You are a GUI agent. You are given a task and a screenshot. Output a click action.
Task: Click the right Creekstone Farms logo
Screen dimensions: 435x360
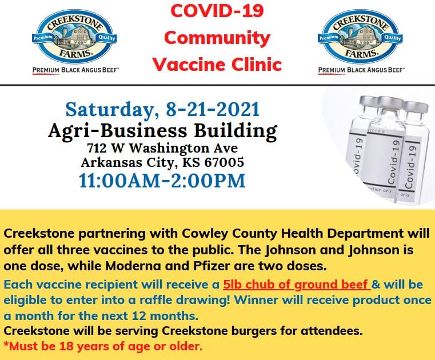point(360,36)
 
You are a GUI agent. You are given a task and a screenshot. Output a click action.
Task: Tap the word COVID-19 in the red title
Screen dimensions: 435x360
point(217,10)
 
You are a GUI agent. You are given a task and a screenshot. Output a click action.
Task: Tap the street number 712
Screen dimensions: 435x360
point(97,148)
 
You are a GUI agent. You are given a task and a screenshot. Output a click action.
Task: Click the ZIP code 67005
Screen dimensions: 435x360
point(224,162)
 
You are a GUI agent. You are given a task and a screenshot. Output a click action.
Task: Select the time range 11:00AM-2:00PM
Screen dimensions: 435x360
point(162,181)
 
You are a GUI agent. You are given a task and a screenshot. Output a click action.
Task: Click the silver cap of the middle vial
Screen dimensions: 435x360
point(390,102)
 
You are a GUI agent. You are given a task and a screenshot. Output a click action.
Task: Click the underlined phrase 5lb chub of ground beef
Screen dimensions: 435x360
point(297,285)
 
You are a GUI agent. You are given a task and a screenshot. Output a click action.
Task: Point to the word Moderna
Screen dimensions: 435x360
point(133,266)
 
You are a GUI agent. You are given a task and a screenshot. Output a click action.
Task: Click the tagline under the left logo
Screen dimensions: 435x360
point(75,70)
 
